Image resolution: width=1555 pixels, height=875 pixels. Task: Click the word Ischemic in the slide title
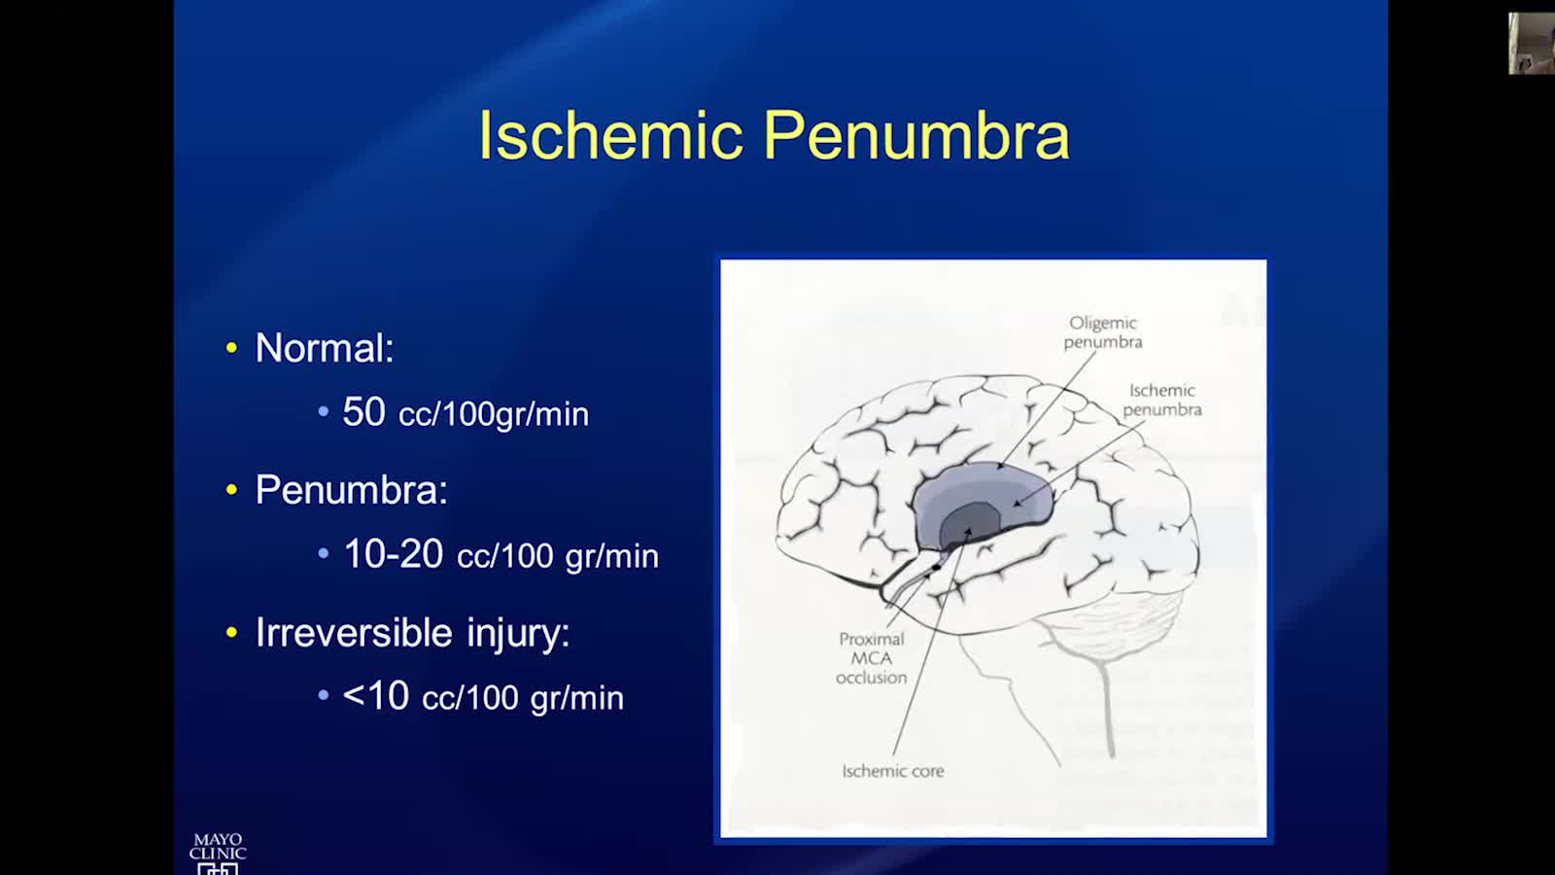[611, 135]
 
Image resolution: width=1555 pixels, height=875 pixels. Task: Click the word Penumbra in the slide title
[916, 135]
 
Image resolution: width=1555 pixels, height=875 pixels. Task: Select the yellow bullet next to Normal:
[232, 347]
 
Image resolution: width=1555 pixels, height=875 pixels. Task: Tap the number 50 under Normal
[363, 411]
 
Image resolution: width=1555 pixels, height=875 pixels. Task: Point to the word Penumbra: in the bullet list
[351, 490]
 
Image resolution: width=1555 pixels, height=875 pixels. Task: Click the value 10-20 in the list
[393, 553]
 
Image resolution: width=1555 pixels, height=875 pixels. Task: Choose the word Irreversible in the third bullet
[354, 632]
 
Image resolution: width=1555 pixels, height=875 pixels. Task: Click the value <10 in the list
[375, 695]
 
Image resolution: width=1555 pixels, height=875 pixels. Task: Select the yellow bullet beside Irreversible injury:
[232, 632]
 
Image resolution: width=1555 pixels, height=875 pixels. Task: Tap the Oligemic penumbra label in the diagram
[1103, 332]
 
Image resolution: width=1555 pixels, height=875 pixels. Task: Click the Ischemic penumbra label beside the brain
[1162, 400]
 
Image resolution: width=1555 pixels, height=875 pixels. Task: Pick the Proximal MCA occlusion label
[871, 657]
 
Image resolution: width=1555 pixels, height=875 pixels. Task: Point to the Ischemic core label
[893, 771]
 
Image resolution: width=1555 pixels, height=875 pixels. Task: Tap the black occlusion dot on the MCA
[936, 568]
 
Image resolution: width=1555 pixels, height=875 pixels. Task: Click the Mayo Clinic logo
[218, 854]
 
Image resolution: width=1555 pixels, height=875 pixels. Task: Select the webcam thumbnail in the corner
[1532, 43]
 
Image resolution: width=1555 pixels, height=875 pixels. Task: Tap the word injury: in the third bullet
[518, 633]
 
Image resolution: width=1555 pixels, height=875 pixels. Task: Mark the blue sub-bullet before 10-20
[323, 553]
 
